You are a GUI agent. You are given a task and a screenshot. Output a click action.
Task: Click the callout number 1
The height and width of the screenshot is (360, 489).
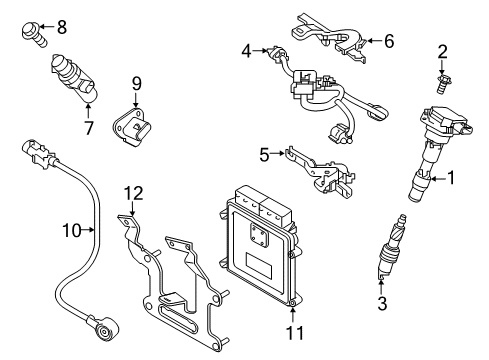coord(450,179)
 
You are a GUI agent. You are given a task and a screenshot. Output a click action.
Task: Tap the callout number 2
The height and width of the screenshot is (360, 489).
coord(440,51)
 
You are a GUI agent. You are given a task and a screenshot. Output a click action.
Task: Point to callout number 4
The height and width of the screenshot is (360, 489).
coord(246,48)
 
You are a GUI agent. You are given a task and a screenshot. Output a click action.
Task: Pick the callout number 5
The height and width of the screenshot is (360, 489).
coord(265,154)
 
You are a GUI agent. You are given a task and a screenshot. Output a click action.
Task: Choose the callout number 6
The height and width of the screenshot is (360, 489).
coord(389,41)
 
